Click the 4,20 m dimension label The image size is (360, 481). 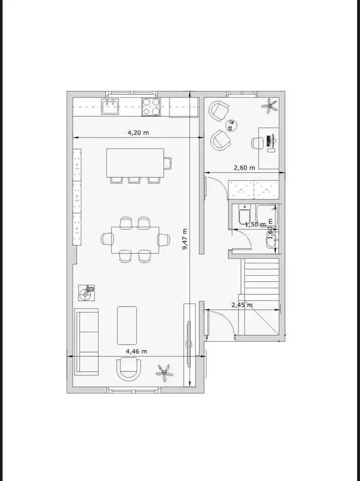coord(138,133)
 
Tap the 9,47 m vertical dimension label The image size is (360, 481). coord(185,239)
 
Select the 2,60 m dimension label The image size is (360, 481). coord(244,168)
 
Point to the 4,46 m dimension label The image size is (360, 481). coord(136,351)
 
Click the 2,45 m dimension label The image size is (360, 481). coord(242,305)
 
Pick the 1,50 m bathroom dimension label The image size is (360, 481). coord(255,224)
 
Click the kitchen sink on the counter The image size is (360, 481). coord(110,107)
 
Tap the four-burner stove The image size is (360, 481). coord(151,107)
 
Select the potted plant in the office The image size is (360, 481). coord(270,106)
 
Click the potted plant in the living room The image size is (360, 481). coord(164,373)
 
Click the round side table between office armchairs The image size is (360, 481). coord(231,125)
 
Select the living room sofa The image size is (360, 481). coord(87,342)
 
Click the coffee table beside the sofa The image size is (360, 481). coord(127,325)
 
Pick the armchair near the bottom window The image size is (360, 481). coord(129,369)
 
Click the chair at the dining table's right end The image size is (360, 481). coord(164,239)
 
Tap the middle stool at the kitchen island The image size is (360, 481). coord(134,180)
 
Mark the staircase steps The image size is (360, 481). coord(260,296)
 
